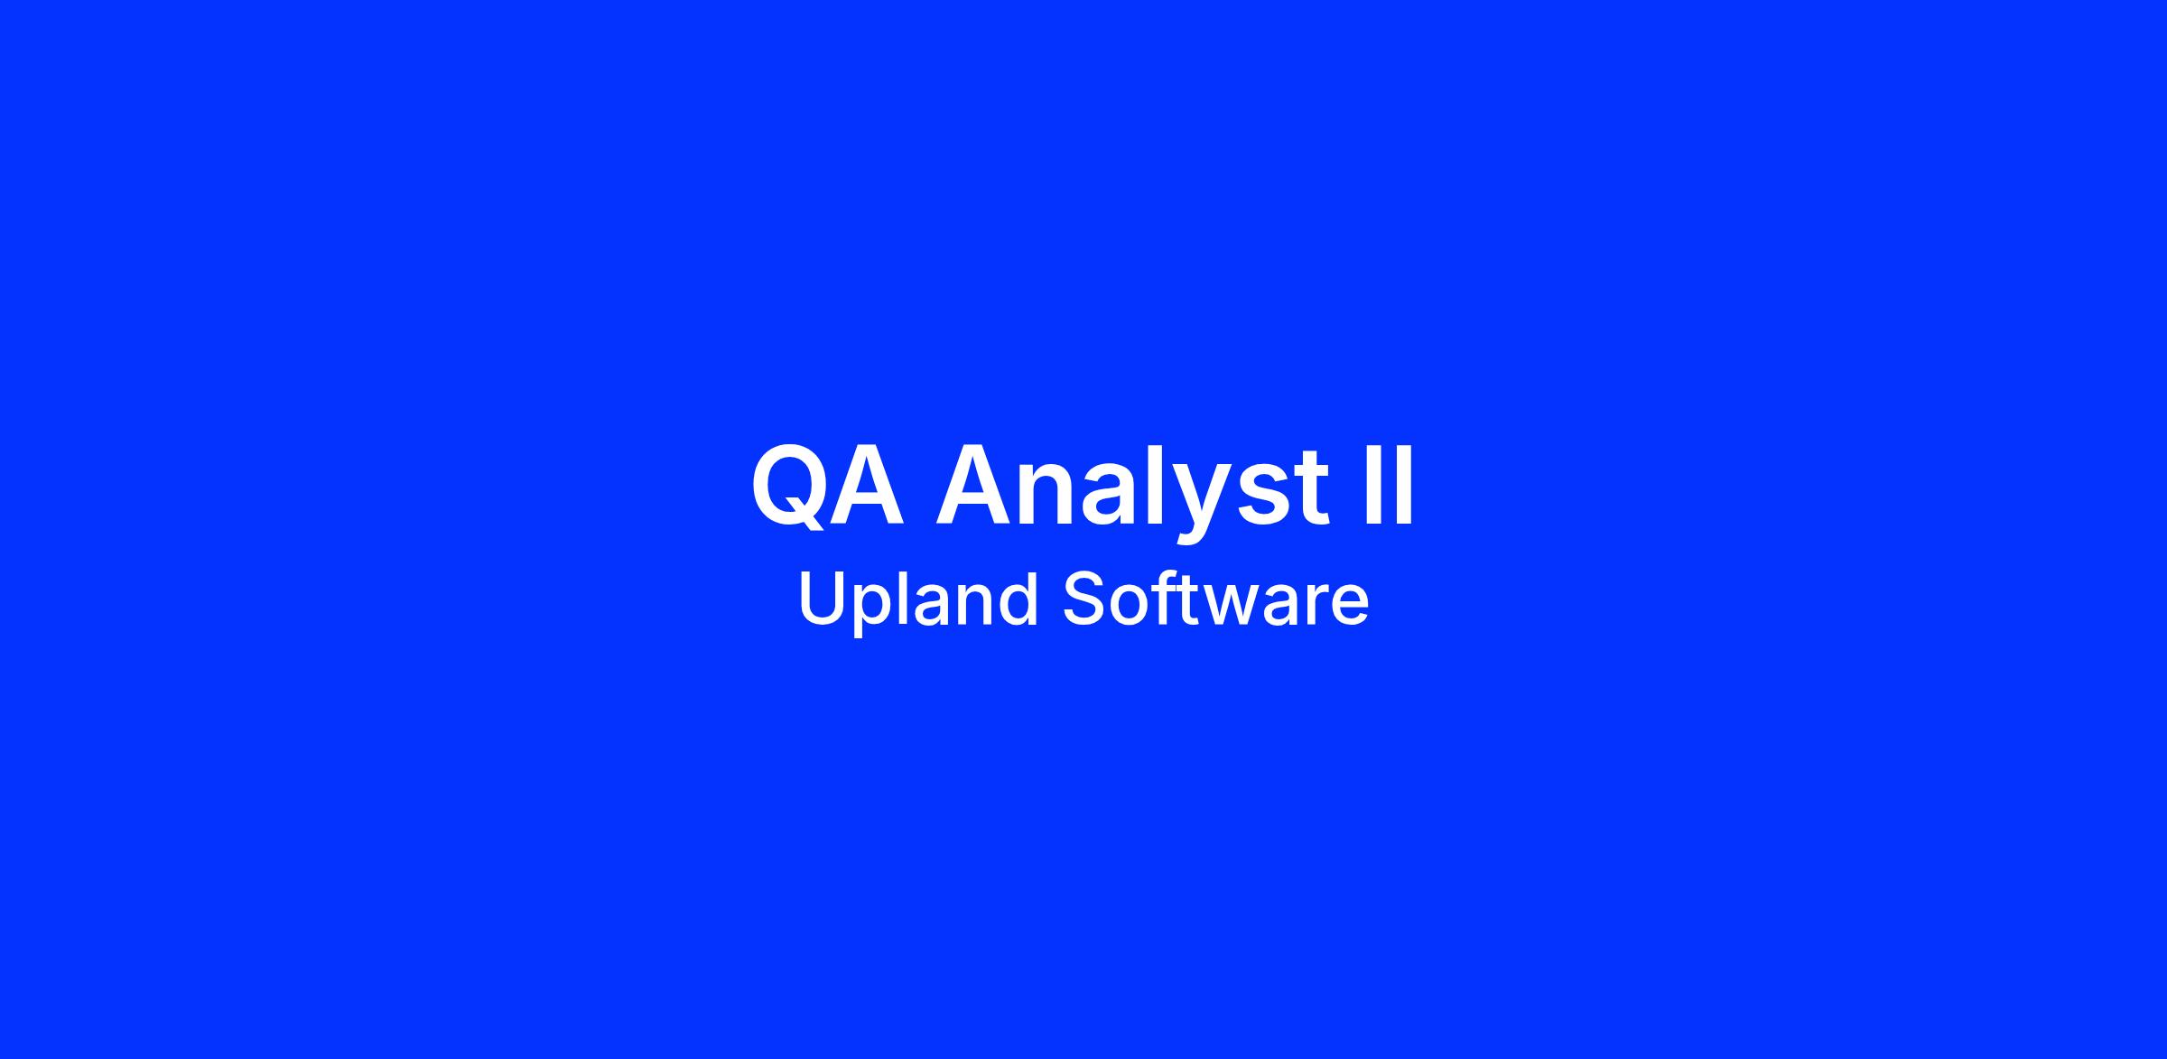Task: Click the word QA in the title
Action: [827, 487]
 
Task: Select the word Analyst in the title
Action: [1131, 493]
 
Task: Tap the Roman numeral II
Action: [1389, 486]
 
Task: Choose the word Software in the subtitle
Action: [1215, 599]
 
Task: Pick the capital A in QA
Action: [867, 486]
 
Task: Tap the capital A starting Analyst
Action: [972, 486]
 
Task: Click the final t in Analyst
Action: [1309, 489]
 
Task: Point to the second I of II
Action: [1404, 486]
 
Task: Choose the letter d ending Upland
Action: [1018, 599]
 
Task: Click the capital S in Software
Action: [1083, 599]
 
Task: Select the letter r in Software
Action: [1316, 606]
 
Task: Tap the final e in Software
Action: [1349, 607]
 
